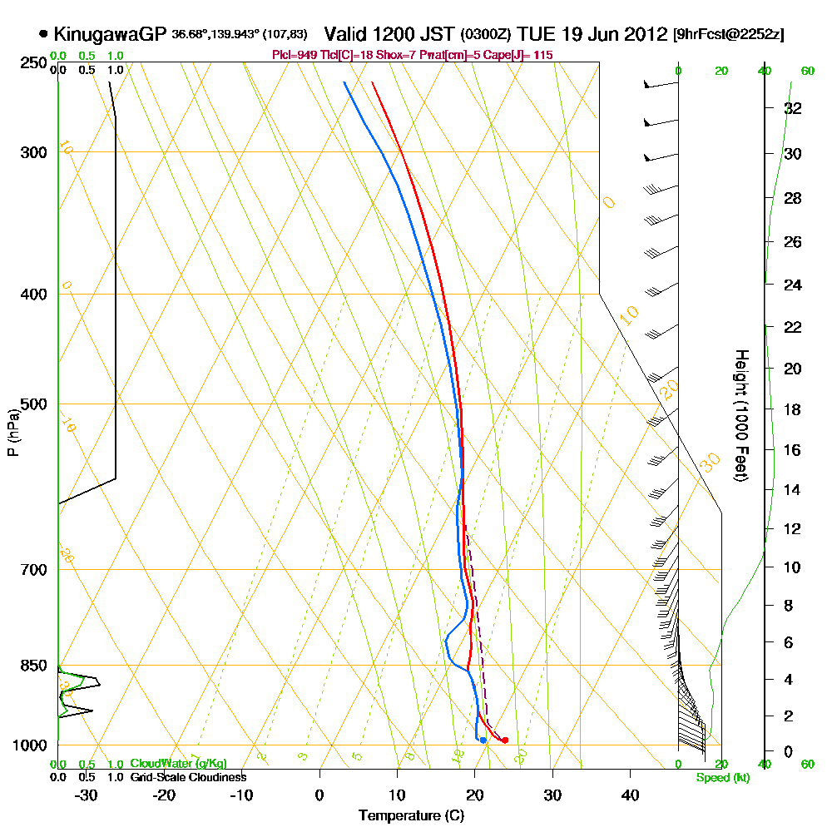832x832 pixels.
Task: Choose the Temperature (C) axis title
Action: click(x=411, y=816)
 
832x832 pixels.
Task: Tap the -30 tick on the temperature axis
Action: click(x=85, y=795)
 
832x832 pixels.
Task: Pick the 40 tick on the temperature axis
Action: click(x=630, y=795)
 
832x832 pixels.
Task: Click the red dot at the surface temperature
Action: click(x=505, y=740)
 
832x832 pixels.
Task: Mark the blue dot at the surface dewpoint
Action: click(x=483, y=740)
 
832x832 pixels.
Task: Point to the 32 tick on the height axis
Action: click(x=793, y=108)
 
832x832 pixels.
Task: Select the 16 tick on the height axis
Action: click(x=793, y=450)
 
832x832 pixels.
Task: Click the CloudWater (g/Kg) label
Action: click(x=178, y=764)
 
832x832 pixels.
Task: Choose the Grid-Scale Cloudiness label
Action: click(x=187, y=777)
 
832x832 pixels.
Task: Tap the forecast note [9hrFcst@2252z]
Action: click(x=729, y=35)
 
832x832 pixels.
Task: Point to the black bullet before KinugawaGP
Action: click(x=43, y=34)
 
